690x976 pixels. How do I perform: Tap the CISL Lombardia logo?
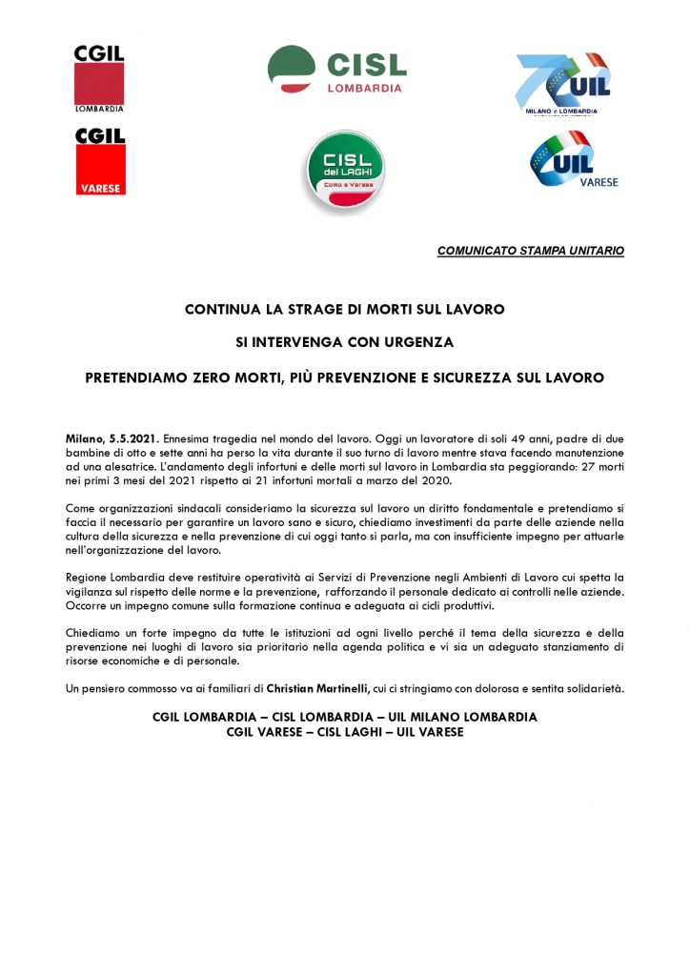[336, 70]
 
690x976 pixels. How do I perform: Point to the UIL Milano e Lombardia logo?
[563, 86]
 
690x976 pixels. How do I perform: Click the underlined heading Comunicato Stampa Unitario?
[531, 251]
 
